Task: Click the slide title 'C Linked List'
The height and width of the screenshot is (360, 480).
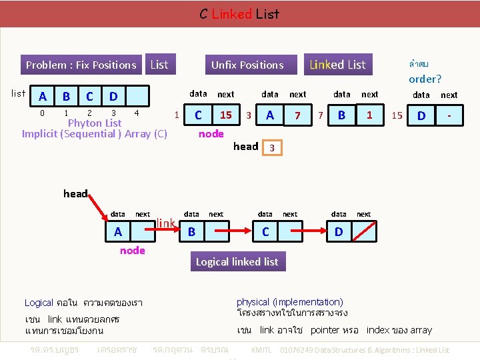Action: point(239,13)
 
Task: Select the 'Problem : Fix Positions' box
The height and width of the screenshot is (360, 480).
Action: point(81,65)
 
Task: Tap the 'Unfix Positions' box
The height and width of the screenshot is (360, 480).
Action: point(247,65)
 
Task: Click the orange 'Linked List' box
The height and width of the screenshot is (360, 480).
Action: point(337,65)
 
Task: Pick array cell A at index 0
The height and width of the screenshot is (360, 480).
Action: point(43,97)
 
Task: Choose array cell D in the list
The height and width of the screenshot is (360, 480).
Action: point(113,97)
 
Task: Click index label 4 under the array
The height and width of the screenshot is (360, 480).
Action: point(136,113)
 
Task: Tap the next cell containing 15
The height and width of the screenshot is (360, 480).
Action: point(226,115)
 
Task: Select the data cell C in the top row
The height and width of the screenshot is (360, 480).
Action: point(198,115)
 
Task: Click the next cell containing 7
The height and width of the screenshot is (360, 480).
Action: point(297,115)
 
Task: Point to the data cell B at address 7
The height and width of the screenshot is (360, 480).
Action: point(341,115)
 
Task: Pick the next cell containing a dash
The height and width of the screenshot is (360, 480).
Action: point(449,116)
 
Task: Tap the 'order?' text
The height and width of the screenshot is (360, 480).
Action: point(425,79)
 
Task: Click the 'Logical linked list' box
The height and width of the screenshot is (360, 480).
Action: point(237,261)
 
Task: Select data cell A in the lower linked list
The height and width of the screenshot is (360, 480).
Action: point(118,231)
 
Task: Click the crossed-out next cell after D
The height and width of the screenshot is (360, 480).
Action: point(363,231)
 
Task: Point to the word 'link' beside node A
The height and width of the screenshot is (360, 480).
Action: point(165,222)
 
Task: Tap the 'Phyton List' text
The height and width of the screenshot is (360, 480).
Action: point(95,123)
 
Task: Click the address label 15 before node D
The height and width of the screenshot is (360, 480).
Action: point(397,115)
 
